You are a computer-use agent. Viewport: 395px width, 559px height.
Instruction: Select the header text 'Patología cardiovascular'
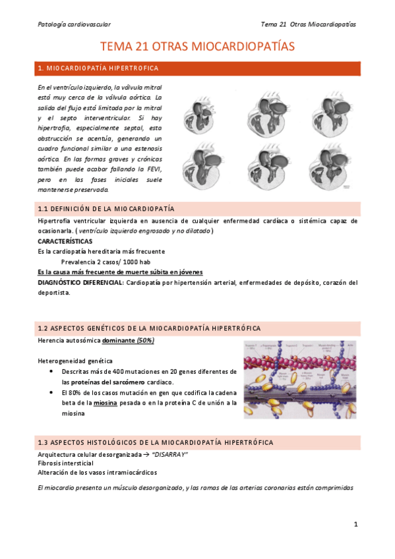(73, 24)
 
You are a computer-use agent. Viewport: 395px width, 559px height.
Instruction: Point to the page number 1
(355, 525)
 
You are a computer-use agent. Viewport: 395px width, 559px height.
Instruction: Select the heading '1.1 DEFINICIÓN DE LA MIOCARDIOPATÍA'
(106, 209)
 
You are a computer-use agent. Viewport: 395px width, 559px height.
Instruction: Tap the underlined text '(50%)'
(145, 340)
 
